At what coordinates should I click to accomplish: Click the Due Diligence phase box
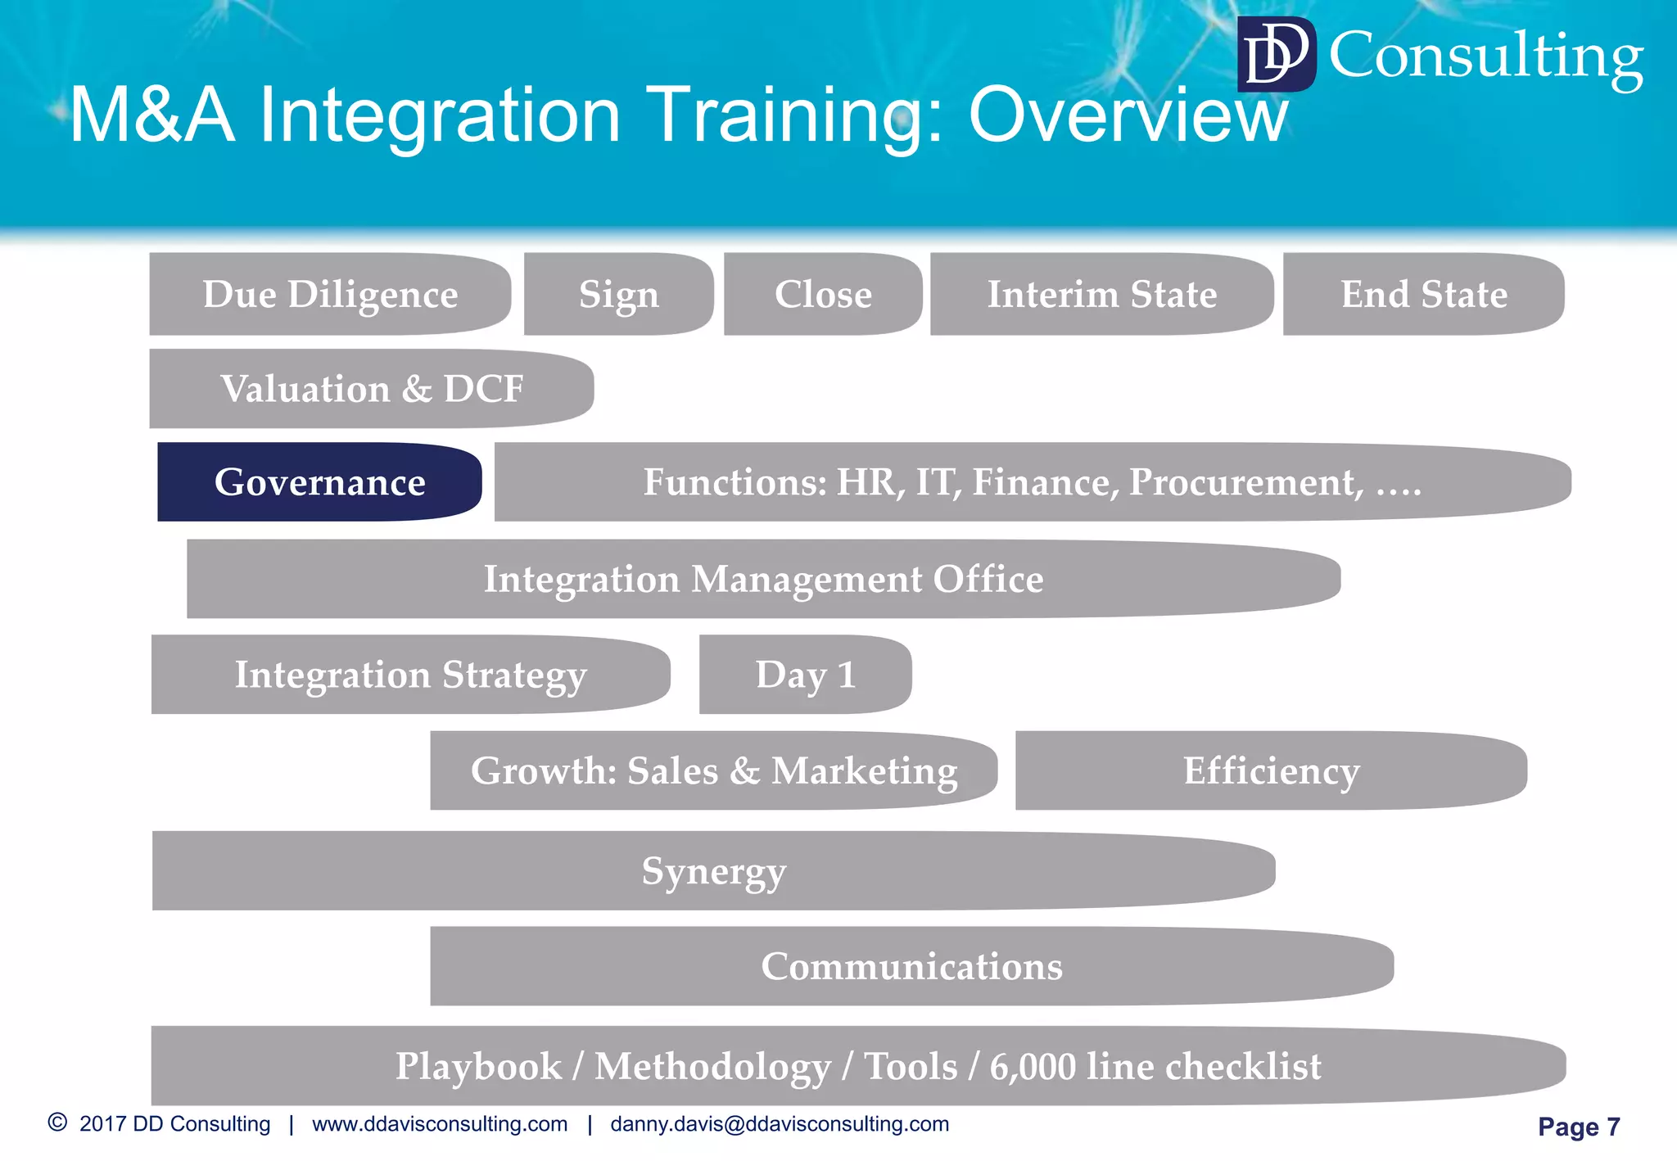click(x=330, y=294)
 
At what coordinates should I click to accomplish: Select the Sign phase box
click(x=618, y=294)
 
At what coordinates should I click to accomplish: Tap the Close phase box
click(x=823, y=294)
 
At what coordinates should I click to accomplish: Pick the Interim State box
click(x=1101, y=294)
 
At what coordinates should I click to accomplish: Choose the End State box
click(x=1423, y=294)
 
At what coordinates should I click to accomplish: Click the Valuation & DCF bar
click(x=371, y=389)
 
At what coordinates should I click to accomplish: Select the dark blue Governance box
click(x=319, y=482)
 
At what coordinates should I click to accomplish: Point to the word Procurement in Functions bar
click(x=1245, y=482)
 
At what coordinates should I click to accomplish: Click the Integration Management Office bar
click(x=763, y=579)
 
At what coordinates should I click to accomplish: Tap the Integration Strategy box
click(x=410, y=675)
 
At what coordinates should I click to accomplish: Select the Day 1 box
click(x=805, y=675)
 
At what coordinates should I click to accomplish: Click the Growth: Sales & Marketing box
click(x=713, y=770)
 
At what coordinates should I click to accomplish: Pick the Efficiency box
click(x=1271, y=770)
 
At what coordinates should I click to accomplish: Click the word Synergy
click(x=713, y=871)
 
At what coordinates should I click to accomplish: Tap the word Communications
click(x=911, y=966)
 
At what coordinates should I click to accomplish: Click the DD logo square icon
click(x=1276, y=54)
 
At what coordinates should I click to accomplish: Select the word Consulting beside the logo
click(x=1485, y=56)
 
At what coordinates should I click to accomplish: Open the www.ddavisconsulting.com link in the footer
click(x=440, y=1124)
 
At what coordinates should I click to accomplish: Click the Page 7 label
click(x=1578, y=1127)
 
